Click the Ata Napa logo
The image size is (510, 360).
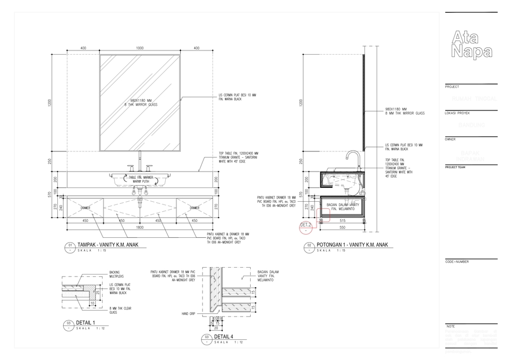(471, 44)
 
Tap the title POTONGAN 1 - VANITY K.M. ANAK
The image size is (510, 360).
(352, 245)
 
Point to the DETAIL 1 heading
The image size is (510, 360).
(86, 322)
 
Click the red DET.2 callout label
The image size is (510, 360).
(306, 225)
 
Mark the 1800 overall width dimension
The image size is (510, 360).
(140, 227)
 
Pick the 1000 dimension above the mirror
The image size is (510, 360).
(140, 48)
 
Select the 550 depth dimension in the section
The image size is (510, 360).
(342, 227)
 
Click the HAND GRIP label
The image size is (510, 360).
(189, 314)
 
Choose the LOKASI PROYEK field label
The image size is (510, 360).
(457, 113)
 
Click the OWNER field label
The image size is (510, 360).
(450, 139)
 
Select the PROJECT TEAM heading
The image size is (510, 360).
(456, 167)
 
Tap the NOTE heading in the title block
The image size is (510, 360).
(451, 326)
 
